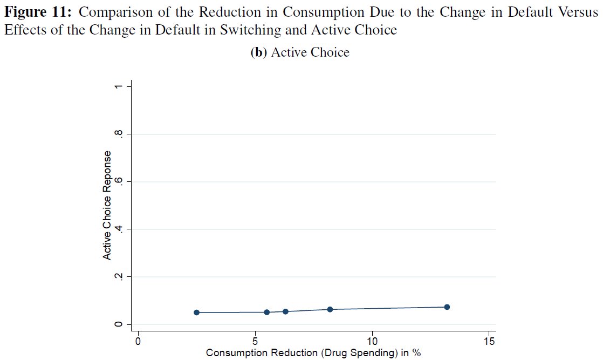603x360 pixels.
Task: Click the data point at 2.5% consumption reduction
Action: coord(196,313)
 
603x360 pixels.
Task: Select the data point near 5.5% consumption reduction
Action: coord(266,312)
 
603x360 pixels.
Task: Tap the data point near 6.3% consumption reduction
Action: coord(285,311)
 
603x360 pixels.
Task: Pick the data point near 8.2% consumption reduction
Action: coord(330,309)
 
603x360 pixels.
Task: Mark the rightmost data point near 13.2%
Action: coord(447,307)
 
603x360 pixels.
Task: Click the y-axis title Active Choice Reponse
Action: coord(107,205)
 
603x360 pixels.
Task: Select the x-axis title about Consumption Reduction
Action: coord(313,353)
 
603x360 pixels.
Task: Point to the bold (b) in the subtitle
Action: coord(259,52)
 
